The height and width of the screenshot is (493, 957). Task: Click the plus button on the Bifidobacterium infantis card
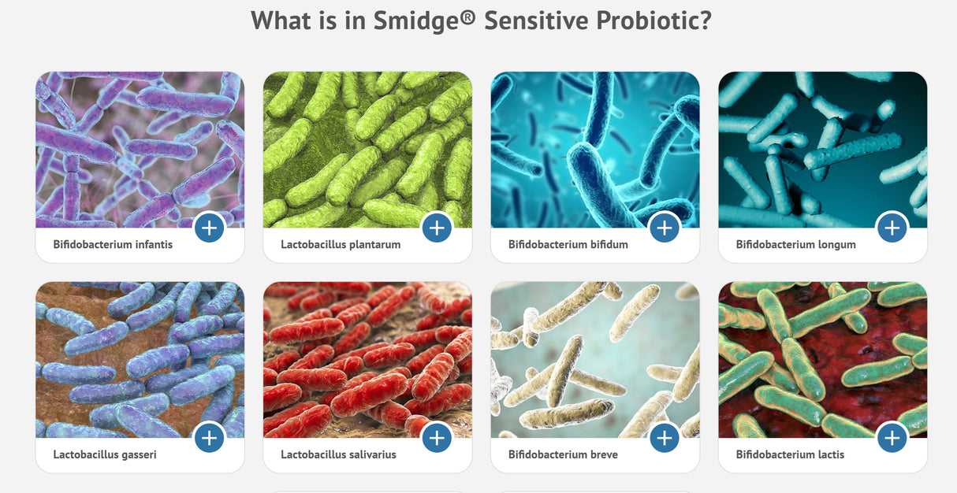209,228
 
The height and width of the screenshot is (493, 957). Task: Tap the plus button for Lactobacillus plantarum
437,228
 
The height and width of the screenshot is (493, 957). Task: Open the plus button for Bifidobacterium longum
892,228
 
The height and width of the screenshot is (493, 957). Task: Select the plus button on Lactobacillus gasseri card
209,438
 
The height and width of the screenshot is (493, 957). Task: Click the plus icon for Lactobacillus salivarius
437,438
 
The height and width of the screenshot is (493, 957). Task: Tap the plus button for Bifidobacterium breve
665,438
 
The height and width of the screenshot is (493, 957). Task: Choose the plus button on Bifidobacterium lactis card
892,438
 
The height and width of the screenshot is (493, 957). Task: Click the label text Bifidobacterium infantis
113,245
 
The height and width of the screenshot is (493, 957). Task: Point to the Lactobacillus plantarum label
341,245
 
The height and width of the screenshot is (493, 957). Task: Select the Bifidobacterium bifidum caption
568,245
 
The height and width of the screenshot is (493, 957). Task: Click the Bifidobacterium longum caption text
795,245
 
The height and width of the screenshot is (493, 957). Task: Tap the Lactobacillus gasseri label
105,455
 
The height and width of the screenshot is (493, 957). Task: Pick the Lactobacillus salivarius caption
338,455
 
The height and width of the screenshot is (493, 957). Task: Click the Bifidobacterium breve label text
563,455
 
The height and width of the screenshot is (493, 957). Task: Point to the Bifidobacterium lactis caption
790,455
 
